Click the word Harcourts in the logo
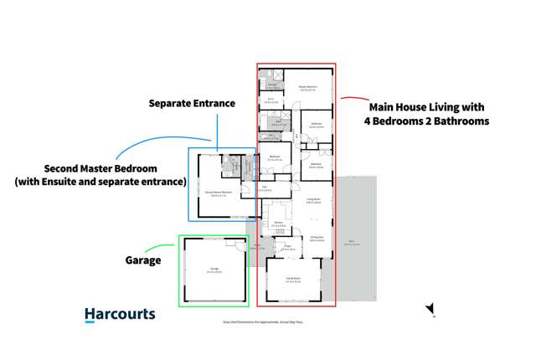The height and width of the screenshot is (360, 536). coord(120,315)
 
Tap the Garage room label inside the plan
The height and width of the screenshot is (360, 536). coord(214,269)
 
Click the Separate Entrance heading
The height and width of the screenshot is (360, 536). coord(192,104)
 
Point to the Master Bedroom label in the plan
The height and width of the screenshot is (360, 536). coord(308,87)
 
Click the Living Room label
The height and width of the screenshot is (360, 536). coord(314,199)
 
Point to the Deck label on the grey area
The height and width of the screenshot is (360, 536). coord(348,243)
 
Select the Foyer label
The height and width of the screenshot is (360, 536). coord(286,247)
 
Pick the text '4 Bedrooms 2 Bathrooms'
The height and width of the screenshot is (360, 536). coord(426,121)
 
